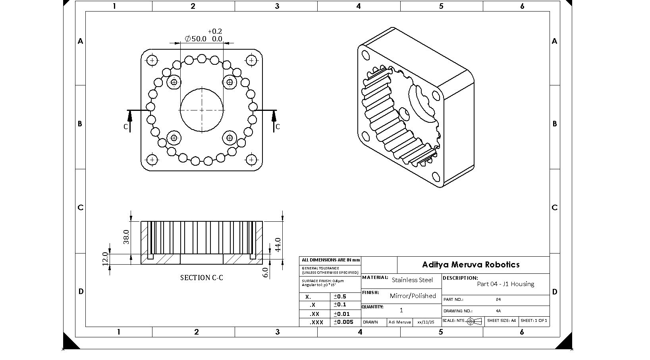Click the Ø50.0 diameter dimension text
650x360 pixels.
coord(196,39)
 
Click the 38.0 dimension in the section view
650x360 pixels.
coord(126,237)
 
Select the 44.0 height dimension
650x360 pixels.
coord(278,244)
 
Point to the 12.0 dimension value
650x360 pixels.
coord(105,259)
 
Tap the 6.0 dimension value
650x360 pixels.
coord(266,272)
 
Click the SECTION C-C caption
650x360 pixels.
coord(202,278)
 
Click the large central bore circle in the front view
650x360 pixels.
coord(202,110)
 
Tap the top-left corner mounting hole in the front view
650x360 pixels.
coord(152,60)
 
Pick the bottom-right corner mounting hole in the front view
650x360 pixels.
coord(251,160)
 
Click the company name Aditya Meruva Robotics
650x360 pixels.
coord(471,265)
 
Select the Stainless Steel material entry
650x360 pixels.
coord(412,280)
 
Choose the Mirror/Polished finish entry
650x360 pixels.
coord(413,296)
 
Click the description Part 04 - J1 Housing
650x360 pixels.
coord(505,284)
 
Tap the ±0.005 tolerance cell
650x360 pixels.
coord(343,322)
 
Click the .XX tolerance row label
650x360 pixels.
coord(314,314)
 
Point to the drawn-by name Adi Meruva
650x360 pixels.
coord(399,322)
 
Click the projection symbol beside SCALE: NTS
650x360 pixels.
coord(474,321)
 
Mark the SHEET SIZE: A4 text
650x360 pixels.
coord(501,320)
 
